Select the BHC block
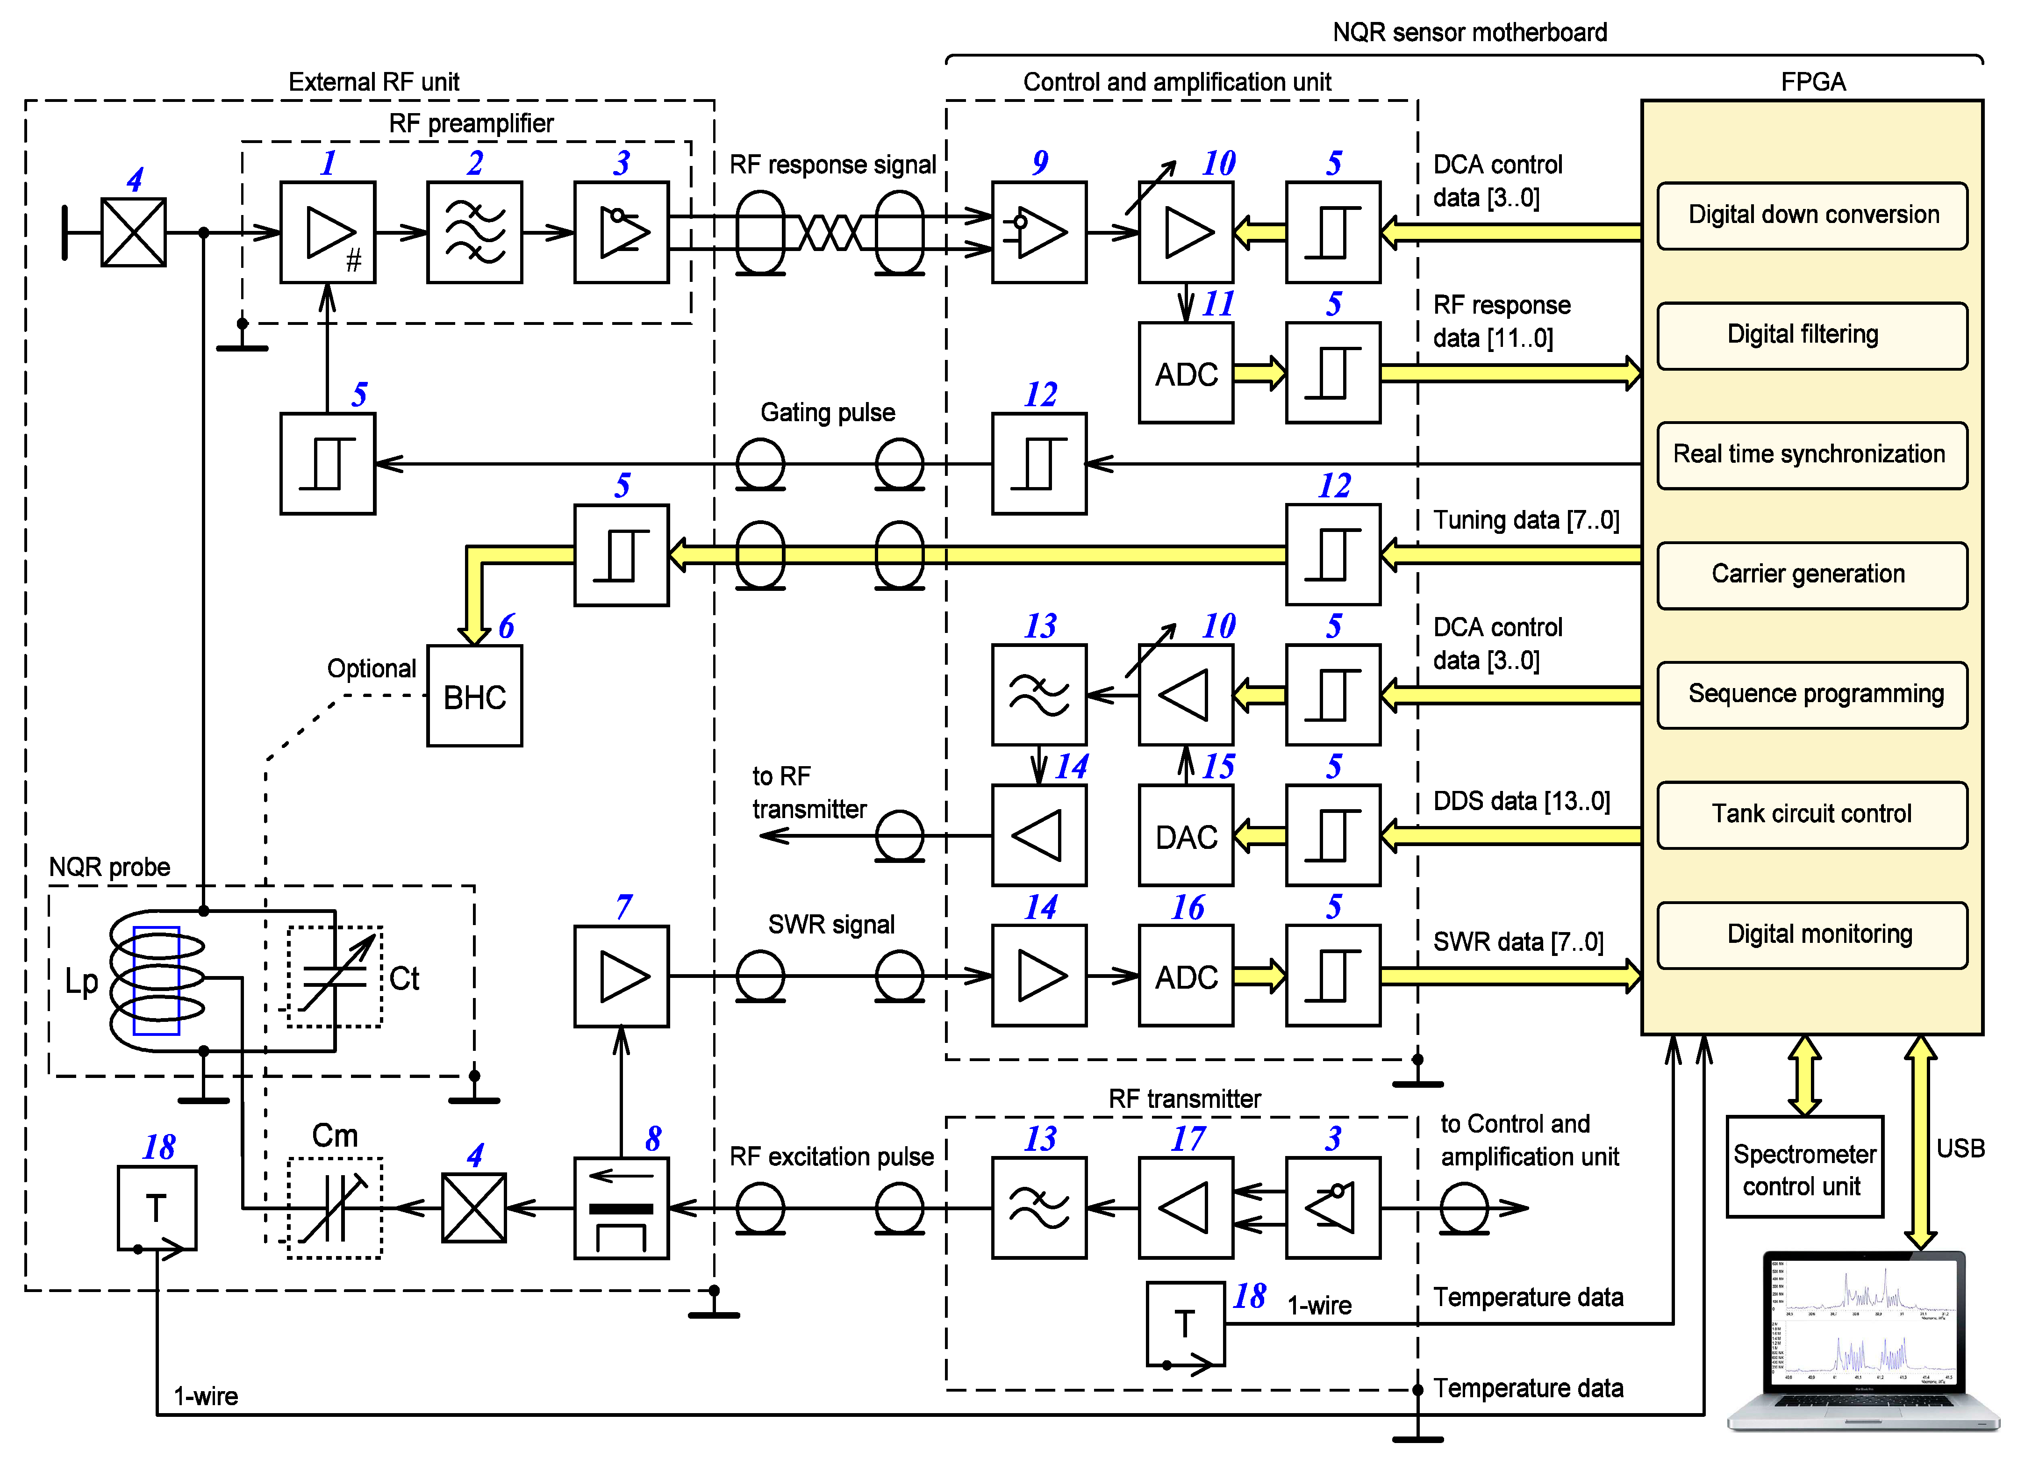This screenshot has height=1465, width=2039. tap(475, 696)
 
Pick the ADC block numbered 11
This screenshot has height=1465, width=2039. tap(1186, 373)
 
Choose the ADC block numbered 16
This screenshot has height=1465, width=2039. tap(1186, 976)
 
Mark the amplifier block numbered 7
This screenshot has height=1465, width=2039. tap(621, 976)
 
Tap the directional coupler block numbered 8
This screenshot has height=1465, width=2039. tap(621, 1208)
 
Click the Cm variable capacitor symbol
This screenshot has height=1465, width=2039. tap(335, 1208)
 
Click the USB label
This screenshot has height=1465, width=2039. tap(1960, 1149)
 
